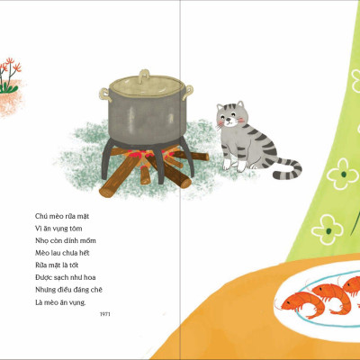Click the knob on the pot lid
click(144, 76)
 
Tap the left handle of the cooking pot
click(104, 94)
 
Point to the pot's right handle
click(187, 92)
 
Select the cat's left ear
click(220, 107)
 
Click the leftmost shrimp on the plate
click(302, 304)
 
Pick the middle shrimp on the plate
click(331, 296)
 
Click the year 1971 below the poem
click(105, 314)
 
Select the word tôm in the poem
click(76, 229)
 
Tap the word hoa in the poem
click(89, 277)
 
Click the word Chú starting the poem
click(41, 216)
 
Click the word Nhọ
click(41, 240)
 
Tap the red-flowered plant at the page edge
click(10, 75)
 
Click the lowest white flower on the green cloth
click(327, 229)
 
